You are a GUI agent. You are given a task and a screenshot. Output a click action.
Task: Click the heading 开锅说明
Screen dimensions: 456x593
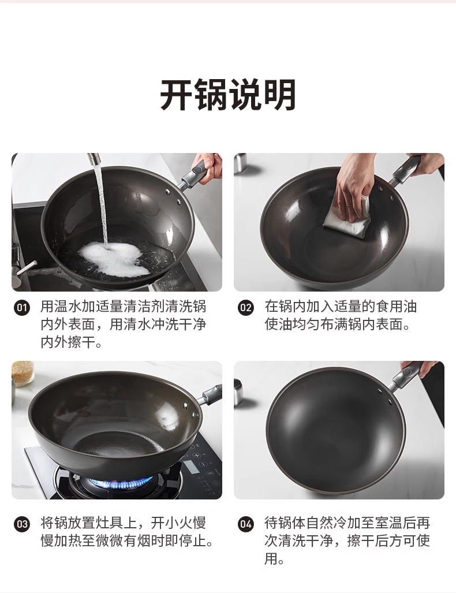point(227,95)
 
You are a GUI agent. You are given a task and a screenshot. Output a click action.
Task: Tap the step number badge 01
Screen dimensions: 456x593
point(22,307)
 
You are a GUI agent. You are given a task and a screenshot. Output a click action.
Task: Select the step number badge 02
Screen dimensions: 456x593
point(246,307)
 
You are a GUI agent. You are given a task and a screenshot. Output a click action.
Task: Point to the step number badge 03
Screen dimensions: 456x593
point(22,524)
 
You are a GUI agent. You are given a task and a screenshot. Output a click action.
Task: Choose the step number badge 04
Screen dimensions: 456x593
point(246,524)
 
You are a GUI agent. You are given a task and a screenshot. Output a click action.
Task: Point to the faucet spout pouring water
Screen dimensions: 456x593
point(94,159)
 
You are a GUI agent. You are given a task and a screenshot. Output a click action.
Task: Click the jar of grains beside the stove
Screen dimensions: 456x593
point(23,374)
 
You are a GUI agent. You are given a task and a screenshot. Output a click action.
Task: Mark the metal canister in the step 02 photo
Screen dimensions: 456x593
point(241,163)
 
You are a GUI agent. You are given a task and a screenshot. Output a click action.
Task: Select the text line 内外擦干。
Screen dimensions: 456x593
point(72,342)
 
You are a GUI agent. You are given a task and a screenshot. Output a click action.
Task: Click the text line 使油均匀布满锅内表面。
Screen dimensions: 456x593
point(338,325)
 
